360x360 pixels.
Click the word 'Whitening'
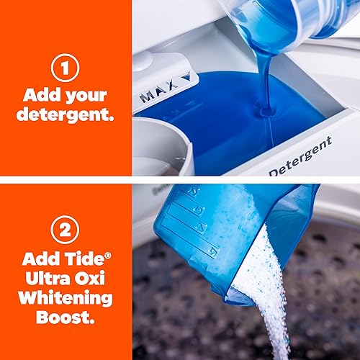click(x=66, y=297)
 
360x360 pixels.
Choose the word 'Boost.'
click(x=67, y=317)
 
